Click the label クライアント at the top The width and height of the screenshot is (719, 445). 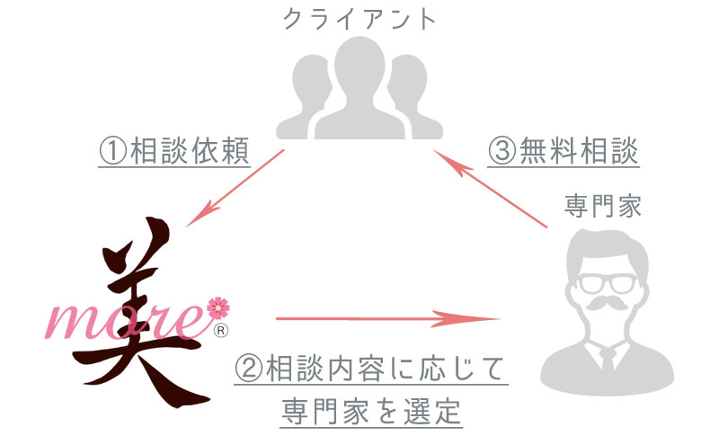pos(359,19)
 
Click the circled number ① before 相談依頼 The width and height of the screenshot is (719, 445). pos(113,151)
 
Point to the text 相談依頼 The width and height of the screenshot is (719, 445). pos(190,151)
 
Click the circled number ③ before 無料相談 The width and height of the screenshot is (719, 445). pos(502,151)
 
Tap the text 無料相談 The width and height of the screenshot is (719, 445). pos(578,151)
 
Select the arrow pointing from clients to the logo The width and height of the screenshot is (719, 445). pos(235,188)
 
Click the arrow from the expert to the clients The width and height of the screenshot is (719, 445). pos(490,189)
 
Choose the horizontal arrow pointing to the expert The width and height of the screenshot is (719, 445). pos(387,318)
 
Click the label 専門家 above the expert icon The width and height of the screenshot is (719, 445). pos(602,206)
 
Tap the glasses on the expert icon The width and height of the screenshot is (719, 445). pos(607,283)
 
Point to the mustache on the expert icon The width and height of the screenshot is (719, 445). pos(607,303)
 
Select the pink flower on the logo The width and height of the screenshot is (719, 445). pos(218,307)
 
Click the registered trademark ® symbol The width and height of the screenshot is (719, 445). pos(221,330)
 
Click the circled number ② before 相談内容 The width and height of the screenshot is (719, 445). pos(249,369)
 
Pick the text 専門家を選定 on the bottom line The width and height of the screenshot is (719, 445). pos(371,412)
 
